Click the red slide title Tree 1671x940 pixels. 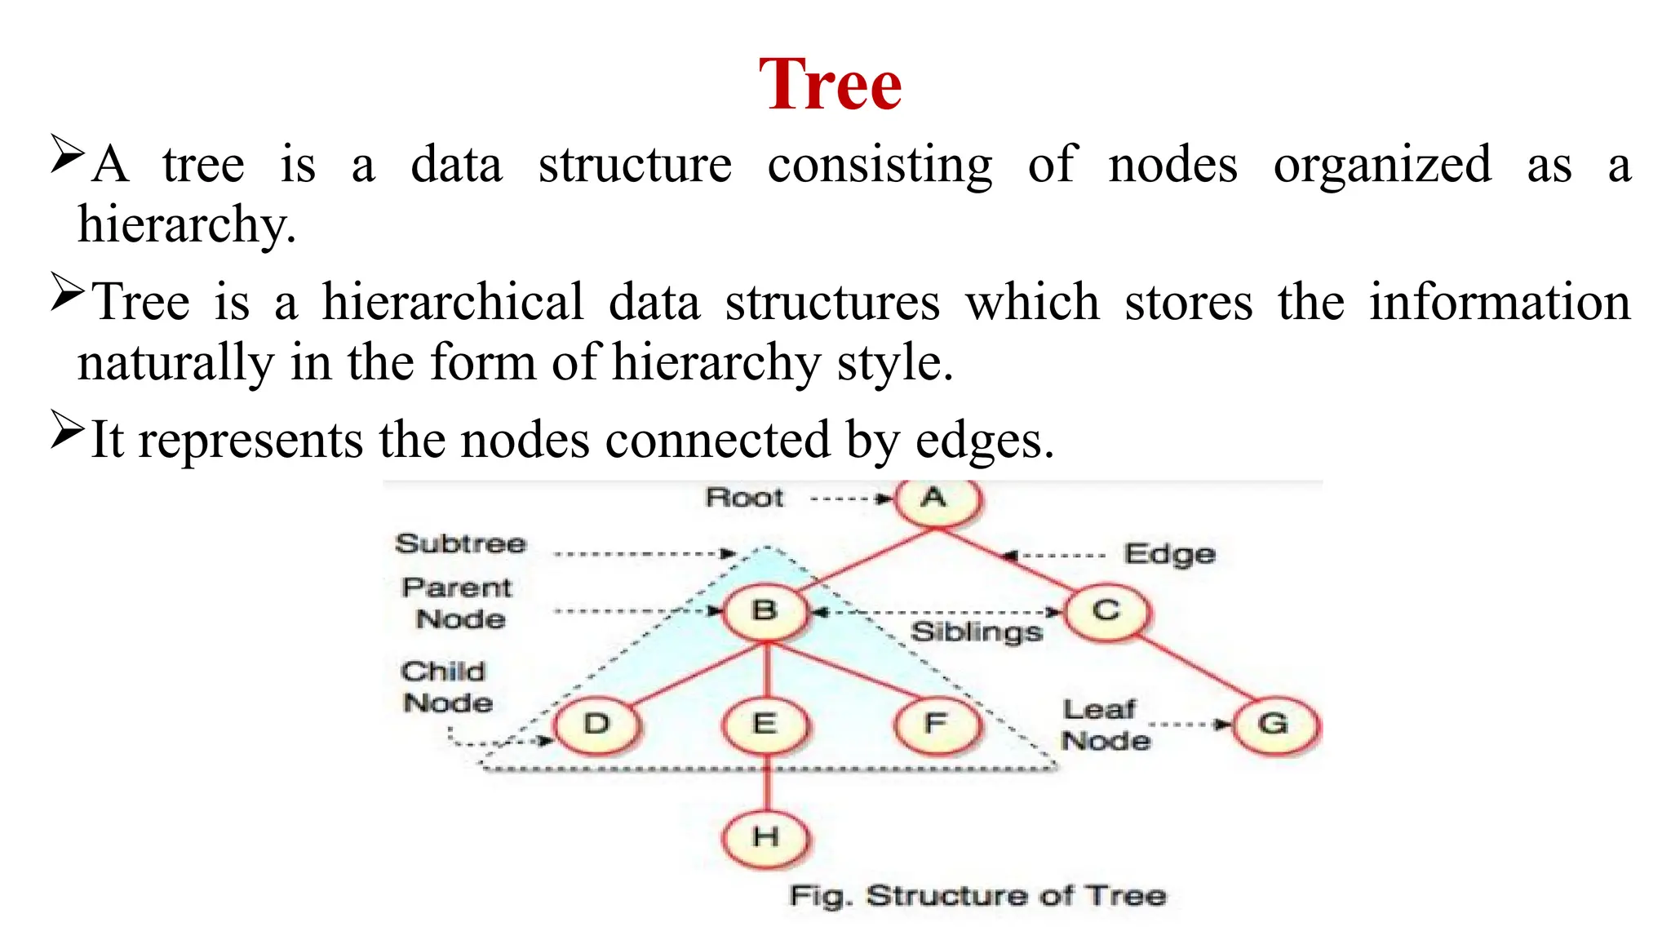tap(830, 85)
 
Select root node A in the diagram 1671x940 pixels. tap(937, 499)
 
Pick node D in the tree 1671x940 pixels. tap(596, 724)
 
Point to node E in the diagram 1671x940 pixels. tap(766, 724)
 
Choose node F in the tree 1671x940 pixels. tap(936, 724)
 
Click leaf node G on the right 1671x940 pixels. tap(1275, 724)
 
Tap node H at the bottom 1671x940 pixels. tap(766, 837)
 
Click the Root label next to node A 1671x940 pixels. tap(744, 498)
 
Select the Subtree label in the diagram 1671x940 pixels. tap(461, 543)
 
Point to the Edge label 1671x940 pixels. tap(1170, 555)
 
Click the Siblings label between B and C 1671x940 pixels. tap(977, 632)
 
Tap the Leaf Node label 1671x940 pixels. tap(1105, 725)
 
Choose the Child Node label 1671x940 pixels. tap(447, 687)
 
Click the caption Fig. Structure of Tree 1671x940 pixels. tap(977, 896)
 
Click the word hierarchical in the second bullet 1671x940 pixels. tap(453, 302)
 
